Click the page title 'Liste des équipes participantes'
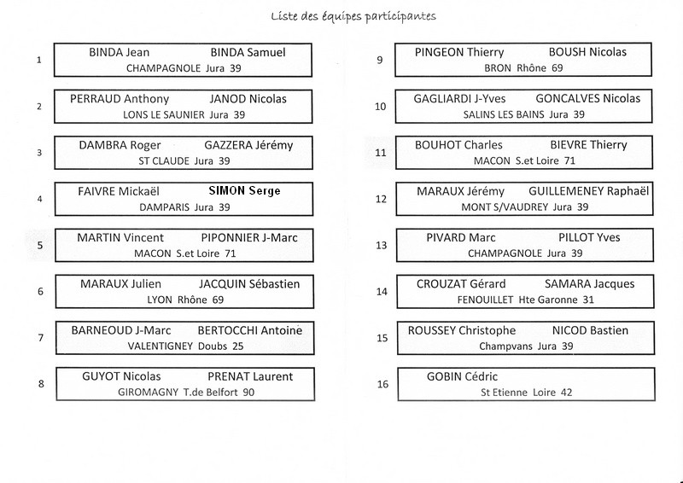tap(353, 16)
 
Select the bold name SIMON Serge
tap(244, 191)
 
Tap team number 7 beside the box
tap(40, 338)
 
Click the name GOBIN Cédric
tap(462, 376)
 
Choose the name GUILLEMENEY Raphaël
tap(588, 191)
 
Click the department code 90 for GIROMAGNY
tap(248, 392)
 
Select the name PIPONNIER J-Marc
tap(249, 238)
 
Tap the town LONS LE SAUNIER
tap(164, 115)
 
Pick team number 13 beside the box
tap(381, 245)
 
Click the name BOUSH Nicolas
tap(587, 52)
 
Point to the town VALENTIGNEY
tap(161, 346)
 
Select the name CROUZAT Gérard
tap(461, 284)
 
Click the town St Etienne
tap(504, 393)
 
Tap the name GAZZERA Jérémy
tap(248, 145)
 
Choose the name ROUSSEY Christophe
tap(462, 330)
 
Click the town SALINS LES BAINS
tap(504, 114)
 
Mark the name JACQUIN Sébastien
tap(249, 284)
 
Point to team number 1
tap(39, 60)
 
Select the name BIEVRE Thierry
tap(588, 145)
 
